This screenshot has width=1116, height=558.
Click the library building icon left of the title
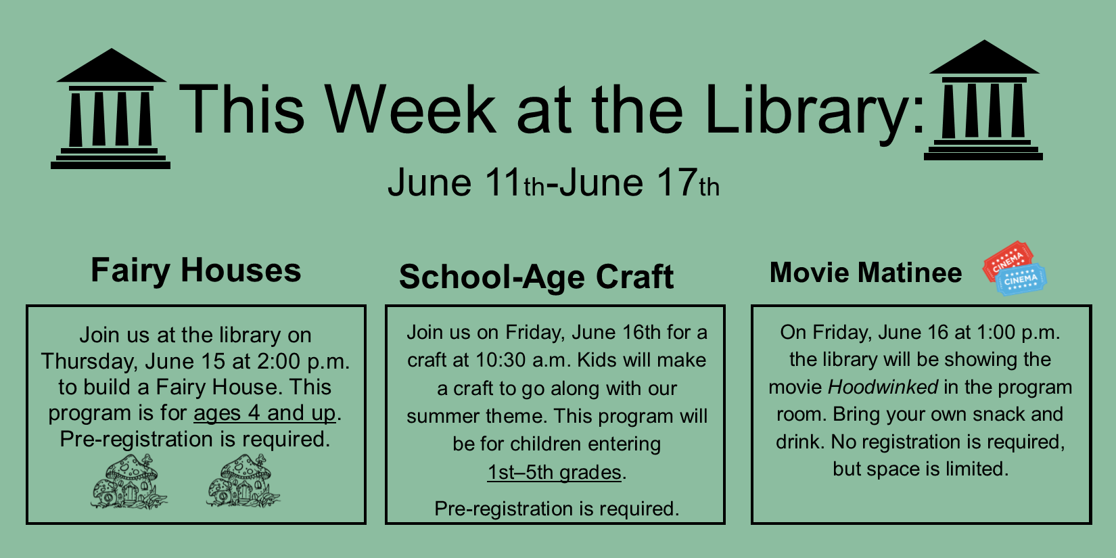point(111,109)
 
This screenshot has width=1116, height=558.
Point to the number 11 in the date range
point(504,183)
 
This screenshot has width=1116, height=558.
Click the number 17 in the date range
point(676,183)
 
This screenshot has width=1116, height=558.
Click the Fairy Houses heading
point(195,271)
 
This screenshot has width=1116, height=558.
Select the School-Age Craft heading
point(536,277)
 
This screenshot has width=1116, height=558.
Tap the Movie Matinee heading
point(865,273)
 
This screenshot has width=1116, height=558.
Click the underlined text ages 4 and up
point(264,413)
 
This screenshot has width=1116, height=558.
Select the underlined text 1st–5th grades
point(555,472)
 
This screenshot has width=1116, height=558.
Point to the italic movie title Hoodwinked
point(883,387)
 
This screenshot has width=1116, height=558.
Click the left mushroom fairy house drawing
point(129,482)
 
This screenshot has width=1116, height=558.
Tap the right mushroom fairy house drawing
point(243,482)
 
